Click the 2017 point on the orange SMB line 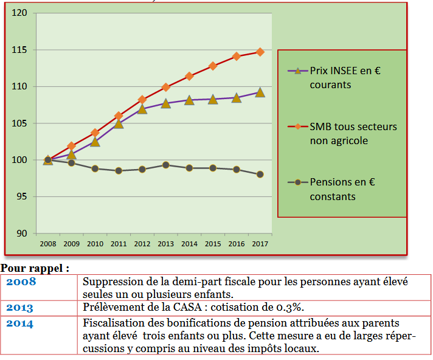(x=260, y=52)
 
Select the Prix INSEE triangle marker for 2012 (x=142, y=109)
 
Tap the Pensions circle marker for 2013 (x=166, y=165)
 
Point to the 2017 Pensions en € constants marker (x=260, y=175)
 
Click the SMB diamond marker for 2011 (x=119, y=116)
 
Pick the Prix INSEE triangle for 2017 (x=260, y=92)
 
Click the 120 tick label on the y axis (x=20, y=13)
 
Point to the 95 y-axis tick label (x=23, y=197)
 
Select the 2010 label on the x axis (x=95, y=243)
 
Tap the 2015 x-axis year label (x=213, y=243)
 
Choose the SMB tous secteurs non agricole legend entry (x=353, y=134)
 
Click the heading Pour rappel (x=35, y=268)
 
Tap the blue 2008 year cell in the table (x=21, y=282)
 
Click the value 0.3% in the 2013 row (x=293, y=307)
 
